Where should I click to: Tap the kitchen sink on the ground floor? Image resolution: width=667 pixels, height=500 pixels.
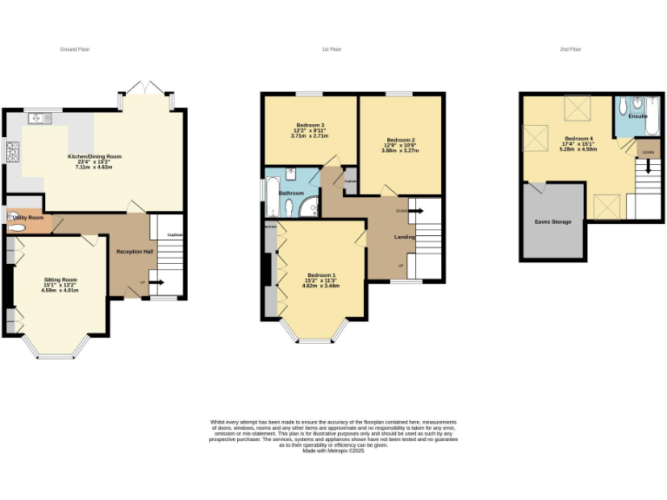39,117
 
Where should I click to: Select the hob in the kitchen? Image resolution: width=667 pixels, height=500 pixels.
12,153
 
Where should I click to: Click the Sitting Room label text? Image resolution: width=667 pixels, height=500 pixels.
61,280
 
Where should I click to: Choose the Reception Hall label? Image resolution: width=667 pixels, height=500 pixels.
135,252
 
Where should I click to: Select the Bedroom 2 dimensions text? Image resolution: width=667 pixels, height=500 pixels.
400,150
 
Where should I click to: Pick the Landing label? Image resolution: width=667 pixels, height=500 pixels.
405,236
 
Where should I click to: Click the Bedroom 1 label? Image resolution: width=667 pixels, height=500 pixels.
320,276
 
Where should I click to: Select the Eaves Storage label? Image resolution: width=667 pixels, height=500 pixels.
552,222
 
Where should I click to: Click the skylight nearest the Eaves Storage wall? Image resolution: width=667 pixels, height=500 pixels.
605,205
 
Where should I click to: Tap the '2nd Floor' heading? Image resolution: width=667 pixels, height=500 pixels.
570,49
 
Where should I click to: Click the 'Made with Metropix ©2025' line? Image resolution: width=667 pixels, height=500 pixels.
334,450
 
